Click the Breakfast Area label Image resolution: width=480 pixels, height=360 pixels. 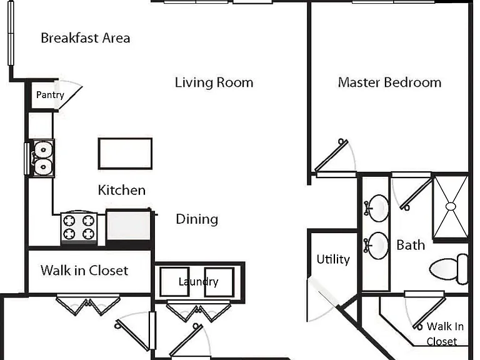coord(86,38)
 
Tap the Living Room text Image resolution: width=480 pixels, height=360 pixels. coord(214,82)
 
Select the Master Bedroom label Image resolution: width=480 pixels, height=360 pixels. coord(390,82)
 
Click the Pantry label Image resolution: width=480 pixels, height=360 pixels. coord(50,95)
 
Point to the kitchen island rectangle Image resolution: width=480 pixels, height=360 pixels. coord(125,154)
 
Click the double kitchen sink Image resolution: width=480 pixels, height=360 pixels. coord(43,158)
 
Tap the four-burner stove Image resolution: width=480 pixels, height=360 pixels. coord(79,227)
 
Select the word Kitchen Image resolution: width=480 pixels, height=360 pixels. coord(121,190)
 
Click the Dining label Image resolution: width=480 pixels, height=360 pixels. coord(197,219)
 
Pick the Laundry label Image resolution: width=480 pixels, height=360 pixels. coord(198,282)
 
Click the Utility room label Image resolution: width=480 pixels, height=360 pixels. coord(333,259)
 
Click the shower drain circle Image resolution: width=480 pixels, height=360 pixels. coord(451,207)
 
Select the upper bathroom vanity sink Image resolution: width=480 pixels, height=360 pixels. coord(377,208)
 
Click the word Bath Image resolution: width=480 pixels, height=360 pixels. coord(411,245)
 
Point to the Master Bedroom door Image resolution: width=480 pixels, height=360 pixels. coord(332,155)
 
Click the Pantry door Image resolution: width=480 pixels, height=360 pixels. coord(70,94)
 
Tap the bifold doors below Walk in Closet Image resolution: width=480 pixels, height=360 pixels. coord(88,305)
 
